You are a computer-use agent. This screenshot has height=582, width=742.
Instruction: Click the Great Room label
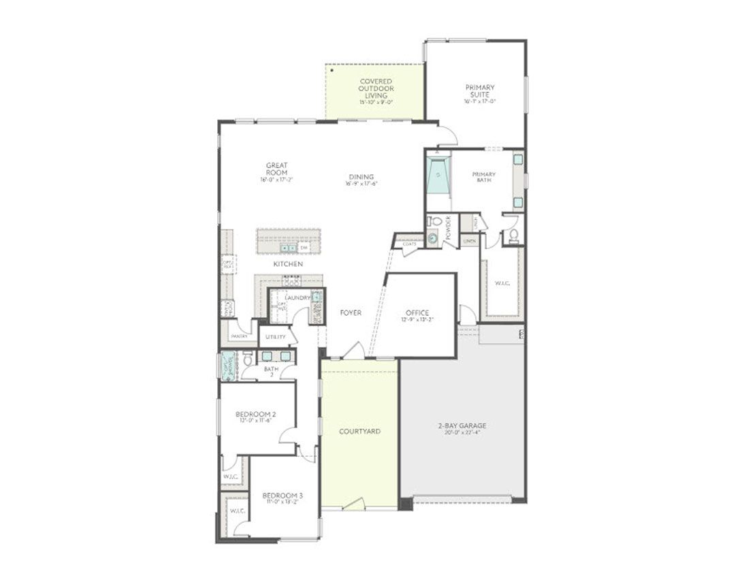coord(277,169)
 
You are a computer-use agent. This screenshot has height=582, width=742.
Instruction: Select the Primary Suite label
coord(480,91)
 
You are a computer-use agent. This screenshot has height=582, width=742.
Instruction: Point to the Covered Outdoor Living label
coord(376,88)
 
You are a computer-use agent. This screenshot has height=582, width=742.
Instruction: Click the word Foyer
coord(351,312)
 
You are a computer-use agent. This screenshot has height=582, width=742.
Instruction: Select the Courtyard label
coord(359,432)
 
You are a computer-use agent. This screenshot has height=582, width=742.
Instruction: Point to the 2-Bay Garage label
coord(462,426)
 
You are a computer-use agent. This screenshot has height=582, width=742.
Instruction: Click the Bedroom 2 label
coord(256,414)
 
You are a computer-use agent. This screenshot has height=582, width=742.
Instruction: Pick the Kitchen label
coord(288,263)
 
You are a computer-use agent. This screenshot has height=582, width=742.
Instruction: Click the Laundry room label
coord(297,297)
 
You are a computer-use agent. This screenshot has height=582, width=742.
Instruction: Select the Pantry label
coord(239,336)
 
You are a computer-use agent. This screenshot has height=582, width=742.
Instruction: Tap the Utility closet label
coord(276,336)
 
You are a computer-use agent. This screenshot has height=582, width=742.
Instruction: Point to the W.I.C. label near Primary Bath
coord(502,284)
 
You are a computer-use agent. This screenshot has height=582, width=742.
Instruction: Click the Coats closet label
coord(409,243)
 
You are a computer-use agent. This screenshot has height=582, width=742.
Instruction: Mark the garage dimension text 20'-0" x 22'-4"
coord(462,432)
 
